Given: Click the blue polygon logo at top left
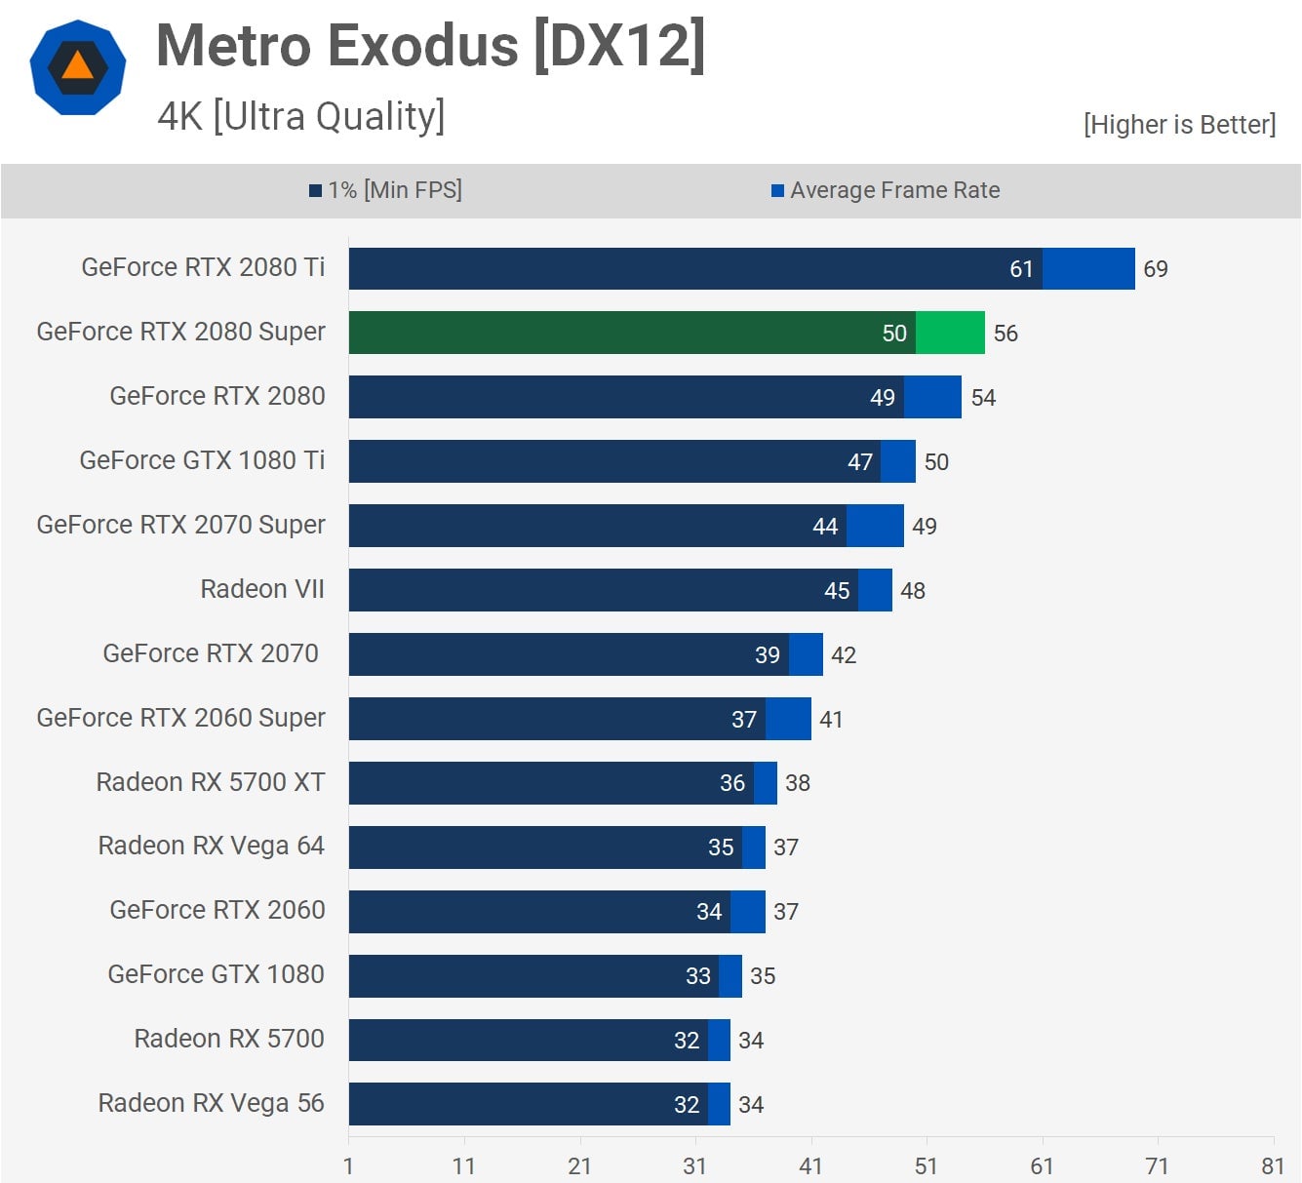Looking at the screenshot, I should coord(77,68).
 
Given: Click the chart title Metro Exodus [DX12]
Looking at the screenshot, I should coord(430,46).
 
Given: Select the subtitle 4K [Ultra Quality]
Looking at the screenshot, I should coord(301,116).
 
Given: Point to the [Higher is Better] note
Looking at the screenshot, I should coord(1179,124).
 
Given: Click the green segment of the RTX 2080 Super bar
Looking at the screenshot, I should coord(950,333).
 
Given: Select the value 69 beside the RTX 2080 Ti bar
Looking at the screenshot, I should coord(1156,269).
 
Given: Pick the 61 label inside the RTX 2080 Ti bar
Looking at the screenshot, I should coord(1021,269).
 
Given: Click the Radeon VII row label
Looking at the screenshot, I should coord(262,589).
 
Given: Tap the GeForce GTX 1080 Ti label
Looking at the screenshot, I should coord(202,460).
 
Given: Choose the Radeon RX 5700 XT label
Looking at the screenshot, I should coord(211,782).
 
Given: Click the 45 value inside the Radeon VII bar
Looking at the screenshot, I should coord(837,591).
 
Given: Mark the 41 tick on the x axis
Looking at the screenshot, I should coord(810,1166).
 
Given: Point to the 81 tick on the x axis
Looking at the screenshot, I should coord(1273,1166).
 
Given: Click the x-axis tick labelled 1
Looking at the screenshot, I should coord(348,1166).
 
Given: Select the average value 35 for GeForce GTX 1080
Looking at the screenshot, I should coord(763,976).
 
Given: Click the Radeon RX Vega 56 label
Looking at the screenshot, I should coord(211,1103).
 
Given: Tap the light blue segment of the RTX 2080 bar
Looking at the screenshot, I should coord(932,397).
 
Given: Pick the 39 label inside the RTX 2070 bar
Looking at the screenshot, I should coord(768,655).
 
